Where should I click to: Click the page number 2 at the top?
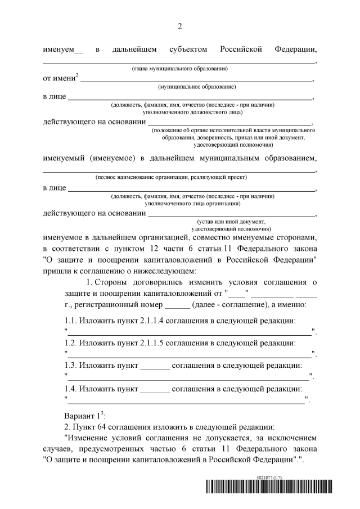(180, 26)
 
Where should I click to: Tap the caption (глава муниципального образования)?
(179, 69)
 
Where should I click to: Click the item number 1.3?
(70, 365)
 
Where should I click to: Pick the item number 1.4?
(70, 388)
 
